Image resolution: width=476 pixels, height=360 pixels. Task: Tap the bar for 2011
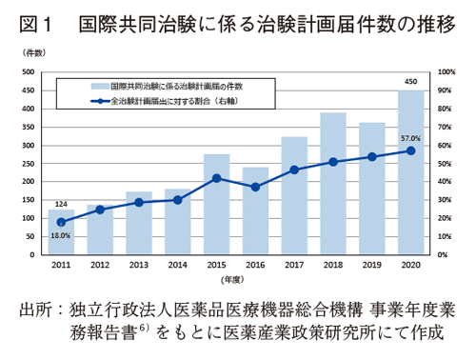point(61,232)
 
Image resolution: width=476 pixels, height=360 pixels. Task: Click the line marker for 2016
point(255,187)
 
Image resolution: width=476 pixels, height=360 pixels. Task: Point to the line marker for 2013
point(139,203)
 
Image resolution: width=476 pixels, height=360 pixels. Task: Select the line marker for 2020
point(411,150)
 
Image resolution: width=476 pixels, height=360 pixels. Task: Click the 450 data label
point(411,83)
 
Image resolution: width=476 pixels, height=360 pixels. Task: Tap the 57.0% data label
point(411,137)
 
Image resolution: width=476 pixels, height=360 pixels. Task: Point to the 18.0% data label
point(61,235)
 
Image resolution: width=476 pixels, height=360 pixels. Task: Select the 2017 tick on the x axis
point(294,265)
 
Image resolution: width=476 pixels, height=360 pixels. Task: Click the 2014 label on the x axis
point(177,265)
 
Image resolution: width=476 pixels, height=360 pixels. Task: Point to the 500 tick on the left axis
point(30,72)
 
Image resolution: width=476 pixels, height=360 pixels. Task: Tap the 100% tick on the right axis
point(446,72)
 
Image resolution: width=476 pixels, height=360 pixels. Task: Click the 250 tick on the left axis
point(30,164)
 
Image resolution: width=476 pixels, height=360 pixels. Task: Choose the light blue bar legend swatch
point(96,85)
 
